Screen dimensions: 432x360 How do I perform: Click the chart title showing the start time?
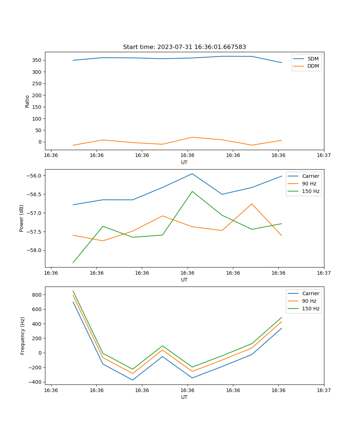[184, 47]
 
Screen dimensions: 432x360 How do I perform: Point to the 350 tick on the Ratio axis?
[38, 60]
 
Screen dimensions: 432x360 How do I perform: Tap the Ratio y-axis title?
[27, 101]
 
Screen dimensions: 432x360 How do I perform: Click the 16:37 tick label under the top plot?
[324, 155]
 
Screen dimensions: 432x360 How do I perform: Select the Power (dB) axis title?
[22, 218]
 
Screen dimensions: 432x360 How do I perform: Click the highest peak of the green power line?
[192, 192]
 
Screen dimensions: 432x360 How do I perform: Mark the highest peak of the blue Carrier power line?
[192, 174]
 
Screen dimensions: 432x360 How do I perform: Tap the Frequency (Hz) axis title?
[23, 336]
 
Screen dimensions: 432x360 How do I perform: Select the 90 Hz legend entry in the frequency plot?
[309, 301]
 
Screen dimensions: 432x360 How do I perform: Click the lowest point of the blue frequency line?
[132, 380]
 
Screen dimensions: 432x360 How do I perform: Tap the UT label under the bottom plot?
[184, 397]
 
